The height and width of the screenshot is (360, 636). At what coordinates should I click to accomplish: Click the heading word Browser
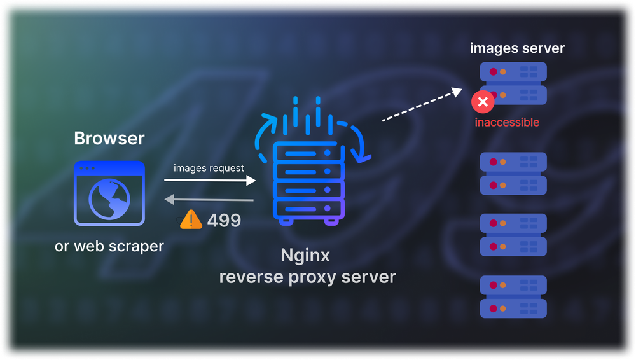point(109,138)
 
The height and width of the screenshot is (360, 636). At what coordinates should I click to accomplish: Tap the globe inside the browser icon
point(109,200)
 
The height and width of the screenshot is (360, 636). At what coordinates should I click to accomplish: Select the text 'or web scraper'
point(109,246)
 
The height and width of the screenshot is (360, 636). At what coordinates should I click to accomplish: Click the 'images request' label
point(209,168)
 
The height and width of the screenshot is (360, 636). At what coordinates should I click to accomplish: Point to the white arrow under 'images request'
point(213,181)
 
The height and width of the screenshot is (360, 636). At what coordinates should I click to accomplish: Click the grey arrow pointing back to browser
point(210,200)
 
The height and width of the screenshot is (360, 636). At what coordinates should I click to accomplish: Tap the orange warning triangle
point(191,220)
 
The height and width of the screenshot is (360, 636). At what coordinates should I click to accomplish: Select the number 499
point(224,221)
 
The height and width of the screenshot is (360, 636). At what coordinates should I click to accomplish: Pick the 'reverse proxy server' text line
point(307,277)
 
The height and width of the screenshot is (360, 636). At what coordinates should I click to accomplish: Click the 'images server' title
point(517,48)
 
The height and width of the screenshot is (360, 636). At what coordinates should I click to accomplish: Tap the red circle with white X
point(483,102)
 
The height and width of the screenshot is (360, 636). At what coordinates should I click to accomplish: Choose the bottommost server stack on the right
point(513,296)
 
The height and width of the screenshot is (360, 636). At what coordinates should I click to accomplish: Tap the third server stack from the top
point(513,235)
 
